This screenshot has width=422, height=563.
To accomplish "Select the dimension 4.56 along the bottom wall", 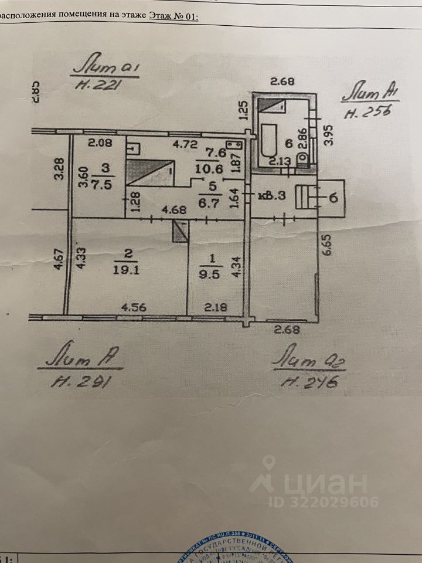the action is (x=133, y=306).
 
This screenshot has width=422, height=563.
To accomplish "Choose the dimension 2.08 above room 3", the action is (x=99, y=142).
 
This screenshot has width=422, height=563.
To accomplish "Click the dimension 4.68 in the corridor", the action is (x=174, y=209).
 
